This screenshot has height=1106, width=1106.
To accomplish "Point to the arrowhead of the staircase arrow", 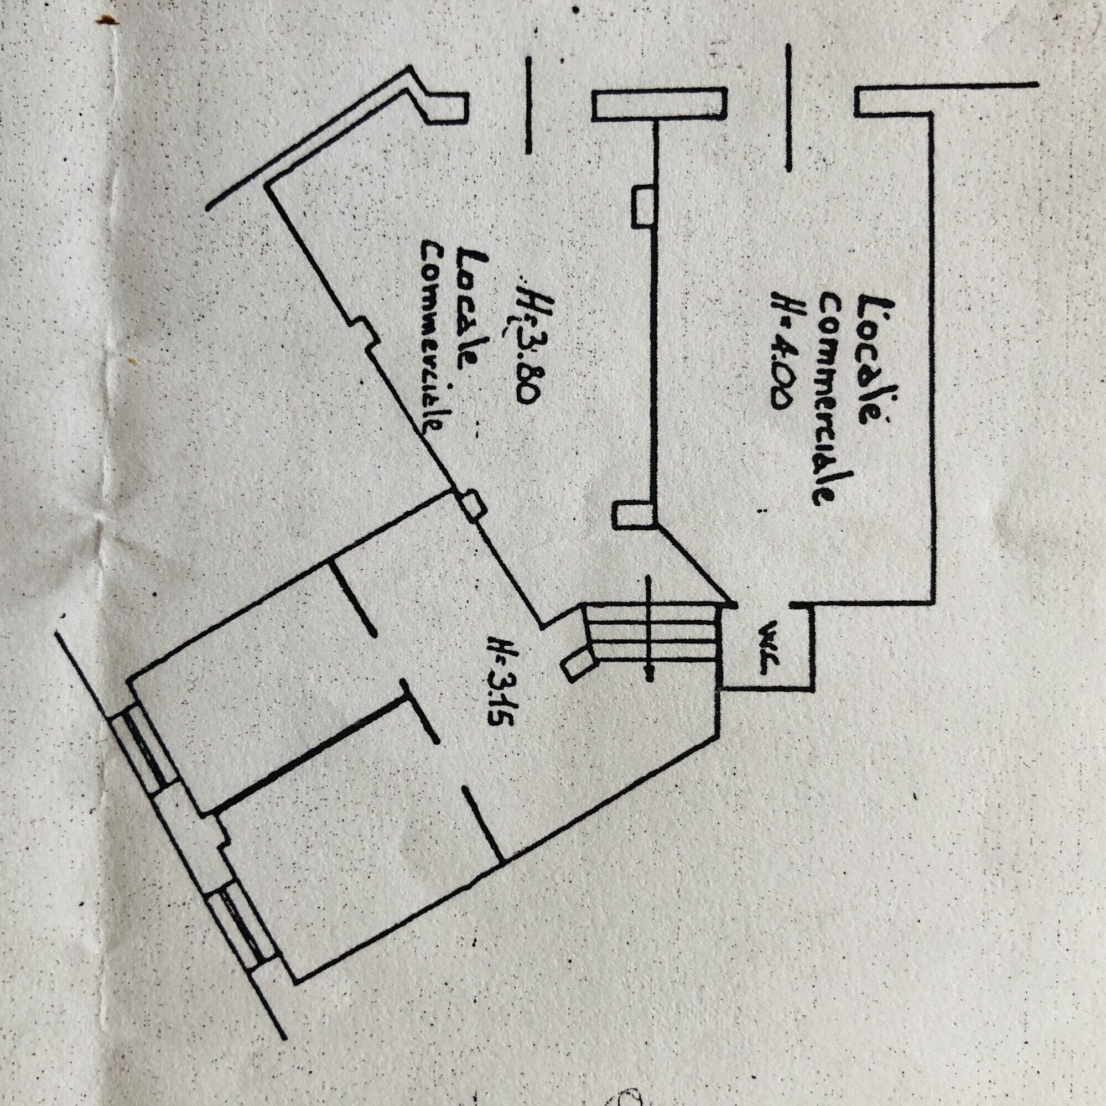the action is click(x=648, y=674).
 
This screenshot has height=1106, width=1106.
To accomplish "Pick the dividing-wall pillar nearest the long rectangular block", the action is click(x=642, y=205).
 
